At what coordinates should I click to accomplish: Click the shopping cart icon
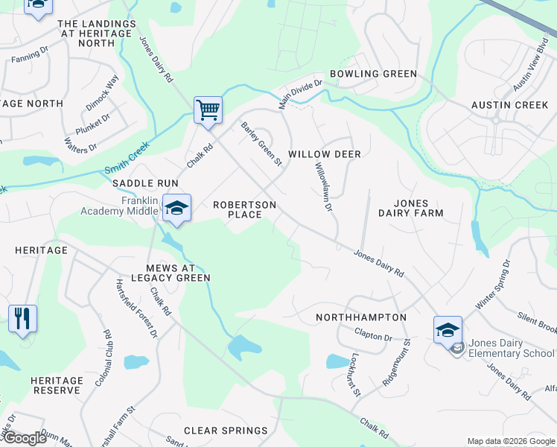[x=208, y=110]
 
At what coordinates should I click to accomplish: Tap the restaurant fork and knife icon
[x=22, y=319]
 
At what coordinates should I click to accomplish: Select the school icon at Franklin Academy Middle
[x=176, y=207]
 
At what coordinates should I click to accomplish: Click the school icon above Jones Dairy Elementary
[x=448, y=329]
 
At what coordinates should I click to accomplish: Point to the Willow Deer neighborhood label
[x=324, y=154]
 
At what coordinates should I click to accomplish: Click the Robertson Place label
[x=244, y=209]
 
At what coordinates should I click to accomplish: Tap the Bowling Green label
[x=373, y=74]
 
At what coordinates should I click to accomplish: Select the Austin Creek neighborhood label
[x=509, y=105]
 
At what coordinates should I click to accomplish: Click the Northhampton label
[x=361, y=317]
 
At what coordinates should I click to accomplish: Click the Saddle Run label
[x=146, y=183]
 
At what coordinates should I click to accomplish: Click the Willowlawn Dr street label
[x=322, y=187]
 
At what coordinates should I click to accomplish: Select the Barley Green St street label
[x=261, y=144]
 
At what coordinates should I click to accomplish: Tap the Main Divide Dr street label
[x=300, y=95]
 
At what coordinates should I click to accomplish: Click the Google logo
[x=24, y=438]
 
